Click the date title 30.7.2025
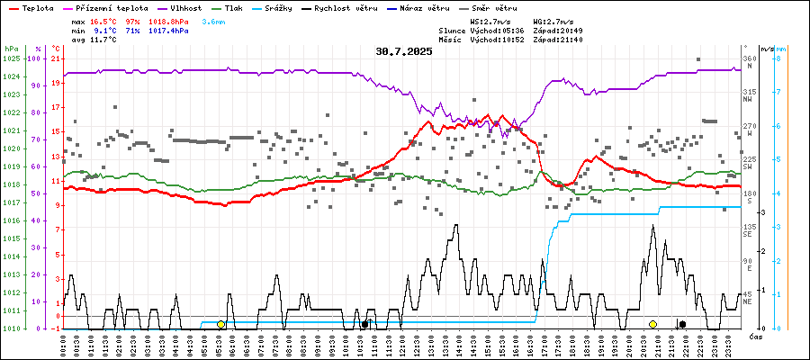(404, 51)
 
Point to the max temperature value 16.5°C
(104, 21)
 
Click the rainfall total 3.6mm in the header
(213, 21)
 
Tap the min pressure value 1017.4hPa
(168, 31)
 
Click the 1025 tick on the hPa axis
(12, 58)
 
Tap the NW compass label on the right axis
(747, 100)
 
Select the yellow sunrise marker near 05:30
(221, 324)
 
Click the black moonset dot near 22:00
(682, 324)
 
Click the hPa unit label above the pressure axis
(11, 48)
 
